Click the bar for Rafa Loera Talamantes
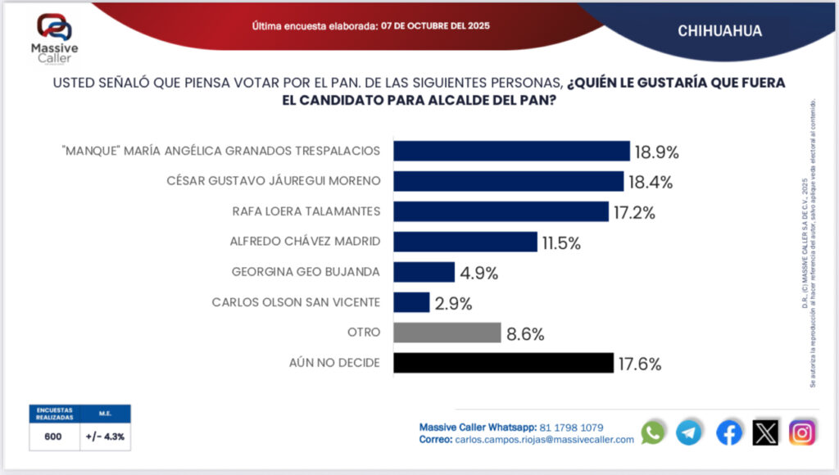(x=501, y=211)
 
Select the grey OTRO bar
(x=447, y=332)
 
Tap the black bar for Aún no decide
(x=503, y=363)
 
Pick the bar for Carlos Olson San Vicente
(x=411, y=302)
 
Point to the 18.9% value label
(x=657, y=152)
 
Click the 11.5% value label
(x=561, y=243)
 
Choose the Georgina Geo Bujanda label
(x=306, y=272)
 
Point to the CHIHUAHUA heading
(x=720, y=31)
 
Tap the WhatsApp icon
(x=653, y=432)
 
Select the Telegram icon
(x=688, y=432)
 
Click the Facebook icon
(x=728, y=432)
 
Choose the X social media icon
(x=765, y=432)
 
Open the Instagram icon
(x=802, y=432)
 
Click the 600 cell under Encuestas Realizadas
(x=54, y=437)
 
